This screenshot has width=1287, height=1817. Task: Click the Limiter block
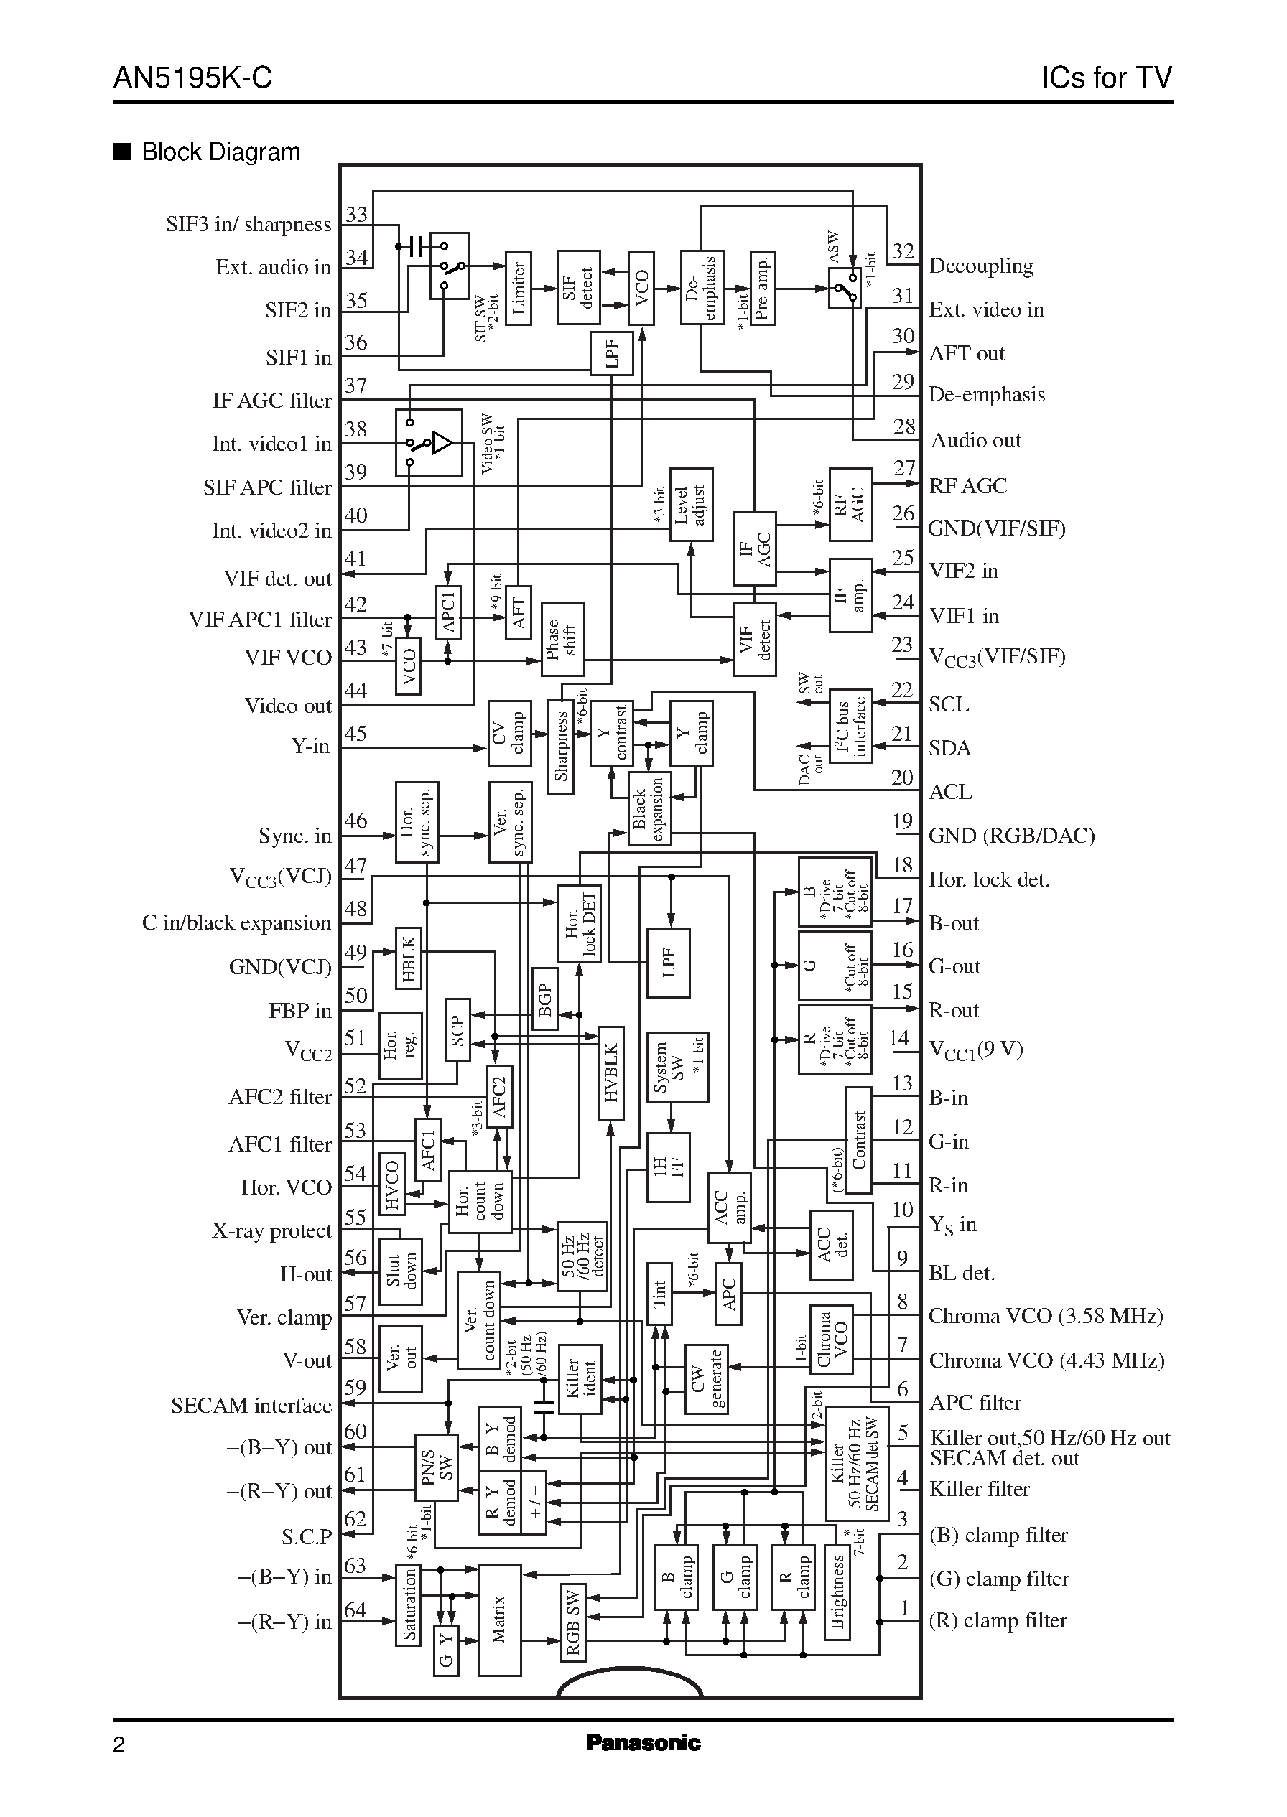tap(519, 289)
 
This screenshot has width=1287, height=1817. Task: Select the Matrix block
tap(499, 1620)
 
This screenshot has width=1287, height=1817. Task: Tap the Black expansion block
tap(649, 807)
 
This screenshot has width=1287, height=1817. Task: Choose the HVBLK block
tap(611, 1073)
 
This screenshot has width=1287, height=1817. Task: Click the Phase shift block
tap(562, 639)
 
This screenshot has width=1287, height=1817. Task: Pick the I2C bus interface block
tap(850, 727)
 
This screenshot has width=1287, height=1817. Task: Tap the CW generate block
tap(706, 1380)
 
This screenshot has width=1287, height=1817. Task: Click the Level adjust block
tap(691, 505)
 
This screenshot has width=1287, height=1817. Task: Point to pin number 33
tap(357, 215)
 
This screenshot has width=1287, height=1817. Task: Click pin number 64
tap(355, 1610)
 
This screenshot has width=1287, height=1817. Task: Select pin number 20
tap(902, 777)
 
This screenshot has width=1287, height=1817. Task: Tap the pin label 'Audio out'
tap(975, 440)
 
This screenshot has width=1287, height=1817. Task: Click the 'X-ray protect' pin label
tap(271, 1231)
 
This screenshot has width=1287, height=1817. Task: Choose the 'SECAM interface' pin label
tap(251, 1406)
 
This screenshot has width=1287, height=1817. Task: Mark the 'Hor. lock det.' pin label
tap(988, 880)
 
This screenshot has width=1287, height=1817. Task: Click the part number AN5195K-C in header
tap(192, 78)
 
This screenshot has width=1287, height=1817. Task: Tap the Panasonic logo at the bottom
tap(643, 1742)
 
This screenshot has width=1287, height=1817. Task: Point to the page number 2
tap(119, 1745)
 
